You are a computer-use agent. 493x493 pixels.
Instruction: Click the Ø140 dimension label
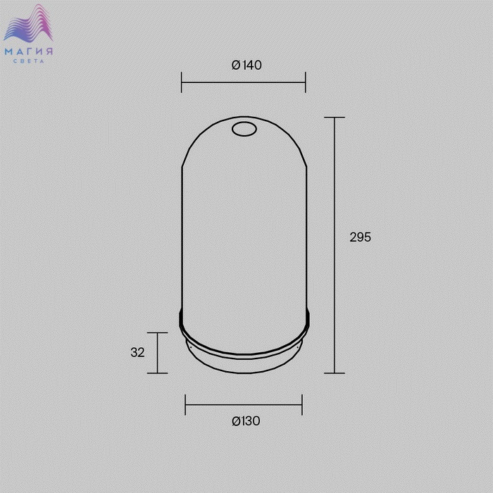click(246, 65)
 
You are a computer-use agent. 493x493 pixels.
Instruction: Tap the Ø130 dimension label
click(246, 421)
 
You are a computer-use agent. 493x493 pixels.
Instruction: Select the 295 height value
click(361, 237)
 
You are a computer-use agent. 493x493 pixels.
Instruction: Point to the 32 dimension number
click(138, 352)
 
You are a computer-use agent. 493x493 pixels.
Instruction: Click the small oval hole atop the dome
click(244, 129)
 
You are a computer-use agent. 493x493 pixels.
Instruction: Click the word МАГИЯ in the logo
click(29, 51)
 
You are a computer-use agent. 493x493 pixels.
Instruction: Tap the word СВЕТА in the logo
click(29, 61)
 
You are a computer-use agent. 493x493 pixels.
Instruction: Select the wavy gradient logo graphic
click(28, 23)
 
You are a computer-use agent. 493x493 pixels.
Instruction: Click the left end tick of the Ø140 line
click(182, 82)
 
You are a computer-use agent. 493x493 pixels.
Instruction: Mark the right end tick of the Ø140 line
click(305, 82)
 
